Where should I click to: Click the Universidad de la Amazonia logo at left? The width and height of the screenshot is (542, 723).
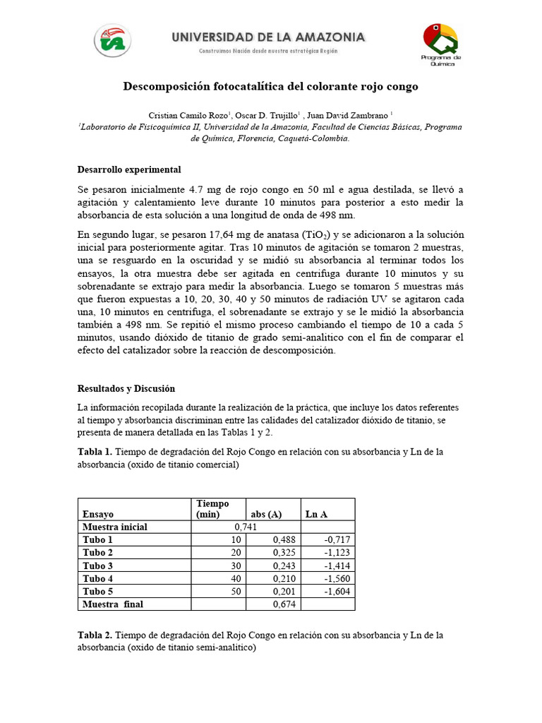(112, 41)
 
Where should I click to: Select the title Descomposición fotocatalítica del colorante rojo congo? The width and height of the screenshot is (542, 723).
(270, 87)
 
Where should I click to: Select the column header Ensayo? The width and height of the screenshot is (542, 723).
(98, 515)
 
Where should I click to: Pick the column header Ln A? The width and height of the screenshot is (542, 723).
(315, 515)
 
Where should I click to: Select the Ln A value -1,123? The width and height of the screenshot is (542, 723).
(337, 553)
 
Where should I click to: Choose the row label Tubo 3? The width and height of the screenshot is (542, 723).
(97, 566)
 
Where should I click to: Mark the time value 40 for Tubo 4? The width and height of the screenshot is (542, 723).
(236, 579)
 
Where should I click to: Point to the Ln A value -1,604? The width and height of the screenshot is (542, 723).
(337, 592)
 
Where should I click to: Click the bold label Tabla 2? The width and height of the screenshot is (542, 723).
(94, 635)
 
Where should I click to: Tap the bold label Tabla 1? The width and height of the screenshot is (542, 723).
(94, 452)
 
